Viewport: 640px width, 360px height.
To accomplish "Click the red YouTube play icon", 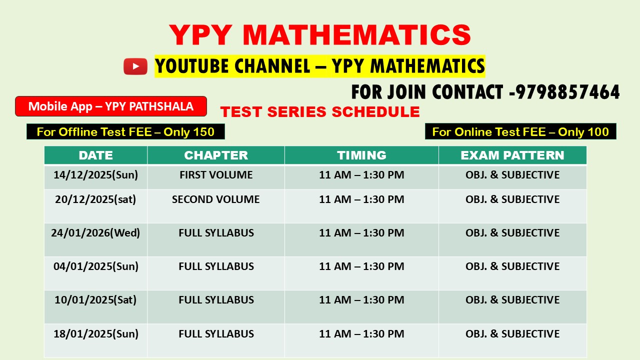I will [135, 66].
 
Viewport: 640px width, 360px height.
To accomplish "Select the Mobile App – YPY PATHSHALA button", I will [110, 106].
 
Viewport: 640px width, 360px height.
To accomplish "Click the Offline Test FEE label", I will [125, 132].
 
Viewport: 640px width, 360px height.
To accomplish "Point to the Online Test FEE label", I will [520, 132].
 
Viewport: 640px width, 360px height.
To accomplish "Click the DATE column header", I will [95, 155].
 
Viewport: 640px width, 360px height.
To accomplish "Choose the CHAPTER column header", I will [216, 155].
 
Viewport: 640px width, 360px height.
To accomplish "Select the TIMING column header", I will [361, 155].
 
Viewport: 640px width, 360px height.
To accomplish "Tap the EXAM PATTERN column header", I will [512, 155].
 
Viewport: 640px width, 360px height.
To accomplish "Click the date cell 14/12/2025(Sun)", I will [95, 175].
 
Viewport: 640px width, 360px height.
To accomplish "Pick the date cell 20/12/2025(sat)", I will [95, 199].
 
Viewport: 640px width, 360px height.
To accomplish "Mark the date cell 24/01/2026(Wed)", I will [95, 233].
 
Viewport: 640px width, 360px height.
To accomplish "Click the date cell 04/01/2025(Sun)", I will [95, 266].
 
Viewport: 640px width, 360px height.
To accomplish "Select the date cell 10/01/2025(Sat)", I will [95, 300].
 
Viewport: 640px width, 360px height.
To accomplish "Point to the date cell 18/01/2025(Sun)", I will [95, 333].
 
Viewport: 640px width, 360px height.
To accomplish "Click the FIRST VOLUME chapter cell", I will [216, 175].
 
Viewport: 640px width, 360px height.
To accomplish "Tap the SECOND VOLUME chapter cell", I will [216, 199].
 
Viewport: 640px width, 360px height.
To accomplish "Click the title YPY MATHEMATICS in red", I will [320, 35].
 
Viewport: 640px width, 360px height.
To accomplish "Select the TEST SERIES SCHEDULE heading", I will [320, 112].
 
